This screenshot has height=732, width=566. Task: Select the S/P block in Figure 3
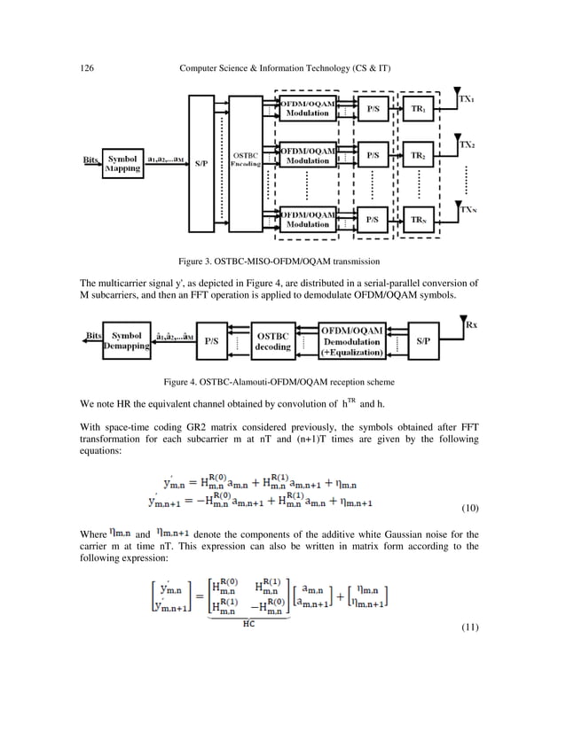(201, 161)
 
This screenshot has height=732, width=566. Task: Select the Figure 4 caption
(281, 382)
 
